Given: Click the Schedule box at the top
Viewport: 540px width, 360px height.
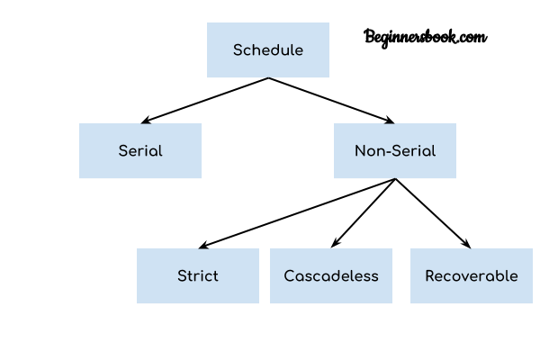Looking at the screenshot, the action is [x=268, y=50].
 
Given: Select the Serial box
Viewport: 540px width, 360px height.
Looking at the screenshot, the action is [x=140, y=151].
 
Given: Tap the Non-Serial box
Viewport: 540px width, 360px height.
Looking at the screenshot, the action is [x=395, y=151].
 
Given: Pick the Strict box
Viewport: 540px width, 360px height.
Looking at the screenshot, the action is [x=198, y=276].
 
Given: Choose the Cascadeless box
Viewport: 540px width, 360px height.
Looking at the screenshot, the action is [x=331, y=276].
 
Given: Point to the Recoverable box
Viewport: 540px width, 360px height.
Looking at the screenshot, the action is [x=472, y=276].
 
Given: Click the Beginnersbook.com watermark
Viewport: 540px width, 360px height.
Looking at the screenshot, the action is [x=426, y=37].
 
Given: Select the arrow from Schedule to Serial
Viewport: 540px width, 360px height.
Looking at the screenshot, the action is [x=205, y=101].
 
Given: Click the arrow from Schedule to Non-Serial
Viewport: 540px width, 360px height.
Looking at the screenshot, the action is [x=331, y=101].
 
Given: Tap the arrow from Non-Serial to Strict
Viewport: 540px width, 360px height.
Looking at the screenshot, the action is [x=297, y=213].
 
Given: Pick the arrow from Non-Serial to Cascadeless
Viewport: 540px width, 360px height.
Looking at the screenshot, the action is [x=364, y=213].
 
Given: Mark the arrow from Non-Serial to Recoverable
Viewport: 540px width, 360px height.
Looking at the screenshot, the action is [x=433, y=213].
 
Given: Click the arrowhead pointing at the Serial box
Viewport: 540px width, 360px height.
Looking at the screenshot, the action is [x=146, y=121].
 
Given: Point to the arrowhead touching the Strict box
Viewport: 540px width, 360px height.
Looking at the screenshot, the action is [x=203, y=245].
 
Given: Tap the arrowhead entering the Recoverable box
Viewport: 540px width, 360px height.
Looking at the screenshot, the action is [x=467, y=244].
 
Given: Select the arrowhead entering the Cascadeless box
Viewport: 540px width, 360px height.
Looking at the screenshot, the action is [x=335, y=243].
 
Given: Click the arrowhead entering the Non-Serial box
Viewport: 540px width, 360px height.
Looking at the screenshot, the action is [x=390, y=121].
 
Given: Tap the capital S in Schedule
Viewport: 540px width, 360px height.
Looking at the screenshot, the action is [x=238, y=50].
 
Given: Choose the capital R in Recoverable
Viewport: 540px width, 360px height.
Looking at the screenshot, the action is [x=430, y=276].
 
